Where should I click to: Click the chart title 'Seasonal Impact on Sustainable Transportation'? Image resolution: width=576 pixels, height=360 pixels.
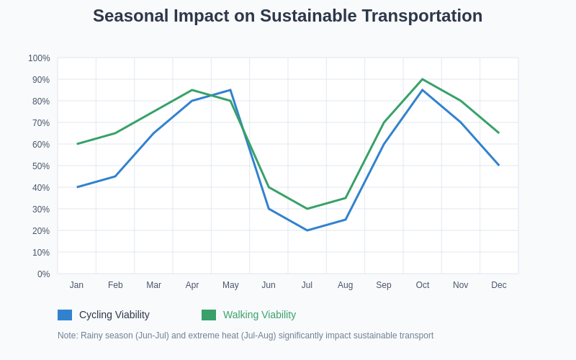[287, 16]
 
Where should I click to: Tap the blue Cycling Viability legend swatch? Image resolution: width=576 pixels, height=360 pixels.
[65, 315]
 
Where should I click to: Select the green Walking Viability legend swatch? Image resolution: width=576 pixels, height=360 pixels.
[209, 315]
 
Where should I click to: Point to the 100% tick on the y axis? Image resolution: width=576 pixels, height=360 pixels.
[39, 58]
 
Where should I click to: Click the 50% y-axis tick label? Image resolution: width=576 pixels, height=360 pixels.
[41, 166]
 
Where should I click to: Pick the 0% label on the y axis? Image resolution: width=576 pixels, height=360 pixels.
[43, 274]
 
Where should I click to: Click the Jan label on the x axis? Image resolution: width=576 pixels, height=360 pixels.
[76, 285]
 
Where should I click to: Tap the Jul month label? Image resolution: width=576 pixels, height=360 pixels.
[307, 285]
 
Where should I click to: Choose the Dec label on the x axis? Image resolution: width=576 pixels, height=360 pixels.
[499, 285]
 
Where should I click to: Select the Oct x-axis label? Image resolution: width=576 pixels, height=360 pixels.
[423, 285]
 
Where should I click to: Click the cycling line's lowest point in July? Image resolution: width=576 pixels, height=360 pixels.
[307, 230]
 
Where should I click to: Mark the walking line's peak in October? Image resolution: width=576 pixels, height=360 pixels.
[423, 79]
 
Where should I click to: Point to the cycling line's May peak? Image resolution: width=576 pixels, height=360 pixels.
[230, 90]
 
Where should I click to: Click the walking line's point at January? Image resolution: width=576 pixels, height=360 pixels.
[77, 144]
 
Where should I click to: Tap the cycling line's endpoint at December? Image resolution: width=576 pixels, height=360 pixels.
[499, 166]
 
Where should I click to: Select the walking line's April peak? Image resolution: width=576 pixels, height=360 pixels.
[192, 90]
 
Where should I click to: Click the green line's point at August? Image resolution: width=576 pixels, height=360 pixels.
[346, 198]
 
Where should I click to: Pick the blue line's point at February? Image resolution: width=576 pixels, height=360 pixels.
[115, 176]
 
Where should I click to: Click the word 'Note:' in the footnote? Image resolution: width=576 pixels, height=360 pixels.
[68, 336]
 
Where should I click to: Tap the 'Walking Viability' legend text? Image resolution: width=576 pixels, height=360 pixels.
[259, 315]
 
